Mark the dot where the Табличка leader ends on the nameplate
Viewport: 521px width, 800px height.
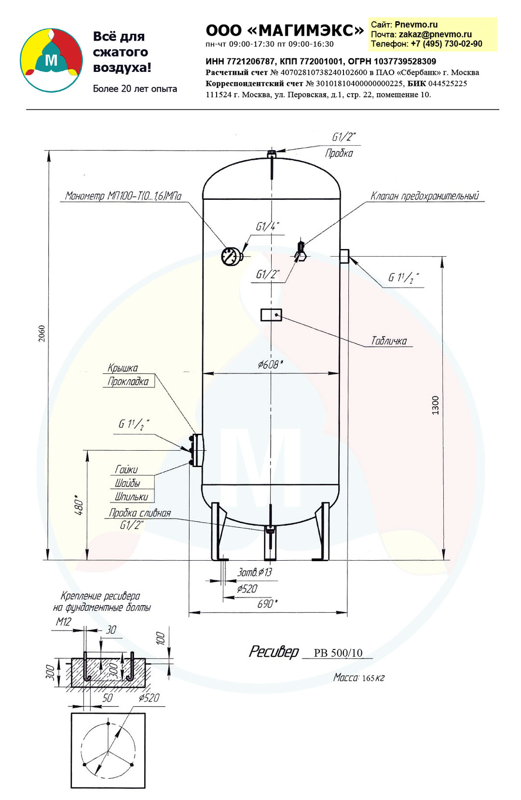[276, 315]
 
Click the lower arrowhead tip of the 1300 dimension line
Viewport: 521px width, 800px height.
[443, 560]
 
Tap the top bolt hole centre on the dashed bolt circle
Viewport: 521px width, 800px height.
[108, 724]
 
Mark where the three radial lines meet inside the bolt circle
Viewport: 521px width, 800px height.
[108, 751]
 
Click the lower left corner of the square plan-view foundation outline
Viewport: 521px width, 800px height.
[71, 787]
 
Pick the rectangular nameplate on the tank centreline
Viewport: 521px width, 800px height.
[271, 315]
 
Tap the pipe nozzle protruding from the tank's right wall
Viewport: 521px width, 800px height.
[344, 256]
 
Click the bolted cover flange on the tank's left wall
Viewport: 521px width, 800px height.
[196, 450]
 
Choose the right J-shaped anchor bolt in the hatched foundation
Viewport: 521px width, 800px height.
[131, 666]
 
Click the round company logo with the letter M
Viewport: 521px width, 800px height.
[51, 60]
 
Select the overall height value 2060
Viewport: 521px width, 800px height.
[42, 333]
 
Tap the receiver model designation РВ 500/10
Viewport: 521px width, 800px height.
[338, 653]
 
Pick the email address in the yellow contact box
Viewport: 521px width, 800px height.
[435, 34]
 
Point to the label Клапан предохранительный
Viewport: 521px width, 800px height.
[424, 196]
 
